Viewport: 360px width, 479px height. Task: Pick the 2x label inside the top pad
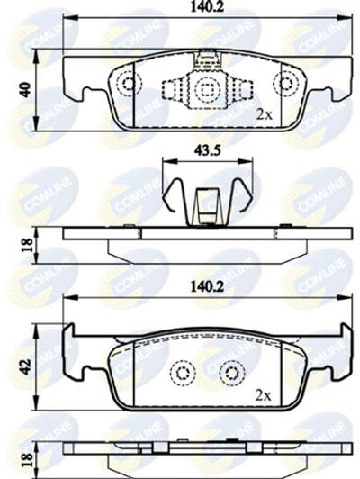pyautogui.click(x=265, y=114)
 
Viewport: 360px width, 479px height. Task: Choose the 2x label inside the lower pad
pyautogui.click(x=265, y=395)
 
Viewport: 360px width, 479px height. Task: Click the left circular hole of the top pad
pyautogui.click(x=129, y=84)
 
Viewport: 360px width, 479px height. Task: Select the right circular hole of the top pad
pyautogui.click(x=288, y=84)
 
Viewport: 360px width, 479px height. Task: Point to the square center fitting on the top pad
pyautogui.click(x=208, y=89)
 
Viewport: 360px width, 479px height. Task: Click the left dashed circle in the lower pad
pyautogui.click(x=184, y=372)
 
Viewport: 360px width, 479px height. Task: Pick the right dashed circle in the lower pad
pyautogui.click(x=234, y=372)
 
